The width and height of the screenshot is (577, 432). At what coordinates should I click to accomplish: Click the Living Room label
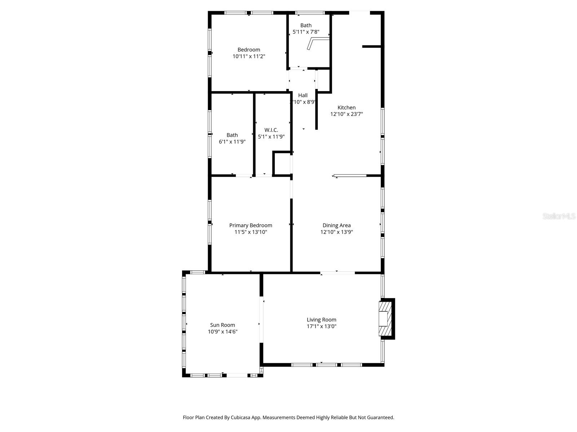click(x=321, y=320)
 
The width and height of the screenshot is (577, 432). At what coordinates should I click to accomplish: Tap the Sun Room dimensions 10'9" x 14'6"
click(x=223, y=332)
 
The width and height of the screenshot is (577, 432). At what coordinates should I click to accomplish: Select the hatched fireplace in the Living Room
click(x=385, y=319)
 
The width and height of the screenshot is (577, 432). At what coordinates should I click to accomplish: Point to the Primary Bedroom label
click(x=251, y=225)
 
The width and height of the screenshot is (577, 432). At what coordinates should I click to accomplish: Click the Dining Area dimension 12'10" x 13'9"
click(x=336, y=232)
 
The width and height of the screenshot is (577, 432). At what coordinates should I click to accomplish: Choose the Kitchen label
click(x=346, y=107)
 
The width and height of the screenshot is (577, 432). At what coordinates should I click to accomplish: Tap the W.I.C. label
click(x=271, y=130)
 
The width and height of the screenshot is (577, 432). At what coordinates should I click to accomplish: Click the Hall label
click(x=303, y=95)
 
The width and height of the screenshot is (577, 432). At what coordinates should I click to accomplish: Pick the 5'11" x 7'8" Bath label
click(x=306, y=25)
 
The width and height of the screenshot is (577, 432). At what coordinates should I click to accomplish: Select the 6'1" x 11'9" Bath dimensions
click(x=232, y=141)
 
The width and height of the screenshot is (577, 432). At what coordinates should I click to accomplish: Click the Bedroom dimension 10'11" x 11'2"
click(x=249, y=56)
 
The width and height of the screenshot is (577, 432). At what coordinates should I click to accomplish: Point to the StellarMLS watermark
click(x=559, y=216)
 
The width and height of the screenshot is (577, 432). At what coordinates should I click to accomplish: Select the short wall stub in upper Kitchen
click(x=371, y=46)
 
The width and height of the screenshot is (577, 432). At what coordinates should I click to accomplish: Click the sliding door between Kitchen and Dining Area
click(x=350, y=176)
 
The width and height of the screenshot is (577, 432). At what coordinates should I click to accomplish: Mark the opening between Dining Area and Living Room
click(x=337, y=273)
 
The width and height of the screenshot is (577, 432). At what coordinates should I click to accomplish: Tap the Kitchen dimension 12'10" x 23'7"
click(x=346, y=114)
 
